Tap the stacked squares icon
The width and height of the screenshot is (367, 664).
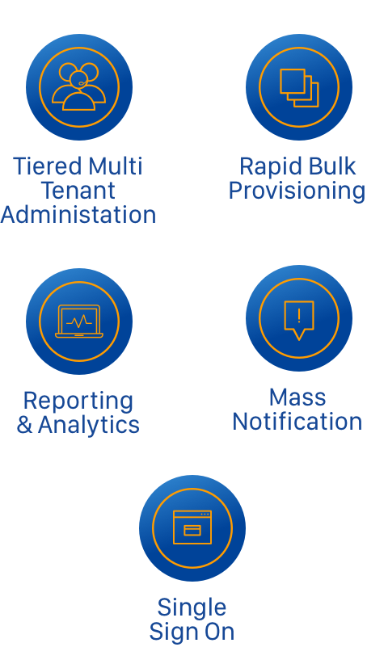click(299, 88)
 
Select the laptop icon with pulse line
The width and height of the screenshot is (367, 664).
click(79, 321)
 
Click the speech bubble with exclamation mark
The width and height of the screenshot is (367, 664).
click(299, 321)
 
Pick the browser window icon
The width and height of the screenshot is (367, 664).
click(192, 527)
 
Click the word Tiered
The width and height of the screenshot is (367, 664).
click(48, 166)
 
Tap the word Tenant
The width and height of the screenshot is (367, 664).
click(78, 191)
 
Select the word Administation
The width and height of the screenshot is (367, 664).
click(78, 215)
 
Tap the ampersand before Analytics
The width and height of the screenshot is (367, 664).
click(24, 425)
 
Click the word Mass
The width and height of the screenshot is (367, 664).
click(297, 397)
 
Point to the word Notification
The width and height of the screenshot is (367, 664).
click(297, 422)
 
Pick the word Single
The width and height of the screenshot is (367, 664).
click(192, 609)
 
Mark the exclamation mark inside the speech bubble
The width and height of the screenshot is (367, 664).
click(299, 316)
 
